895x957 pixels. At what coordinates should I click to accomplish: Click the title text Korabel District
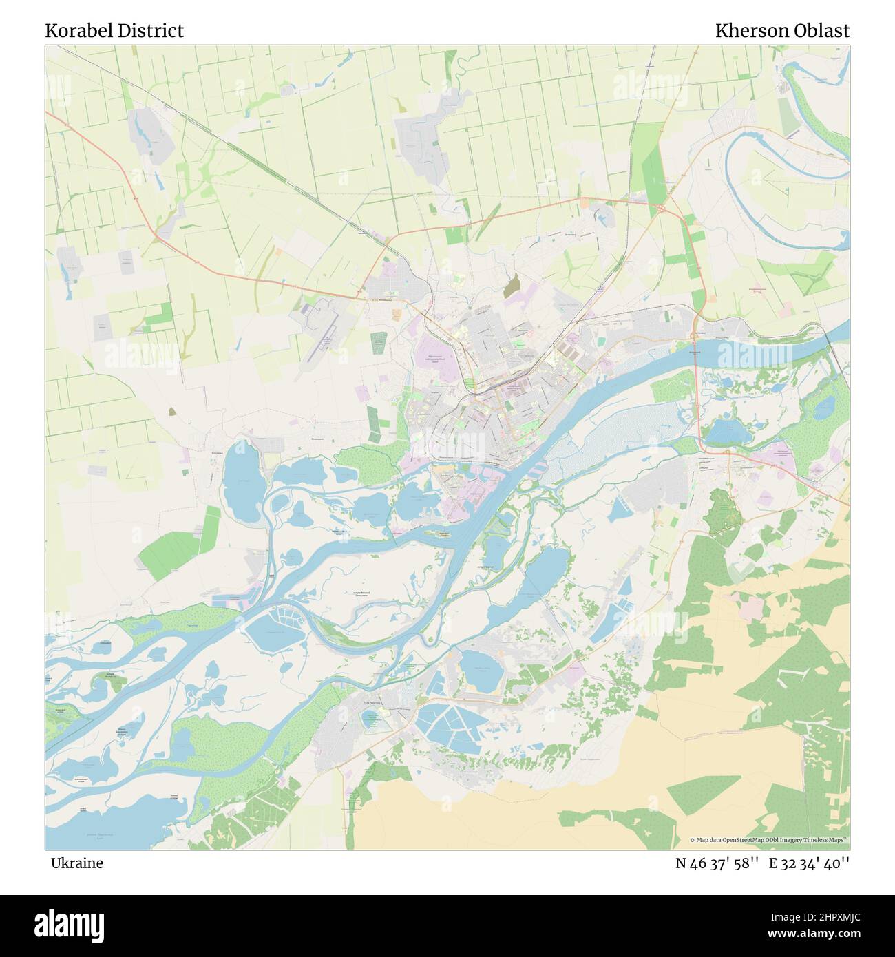click(x=114, y=31)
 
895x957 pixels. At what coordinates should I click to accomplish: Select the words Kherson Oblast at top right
click(x=782, y=31)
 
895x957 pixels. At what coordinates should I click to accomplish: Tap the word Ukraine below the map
click(x=76, y=863)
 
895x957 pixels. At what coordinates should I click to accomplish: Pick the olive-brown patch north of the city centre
click(x=512, y=286)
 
